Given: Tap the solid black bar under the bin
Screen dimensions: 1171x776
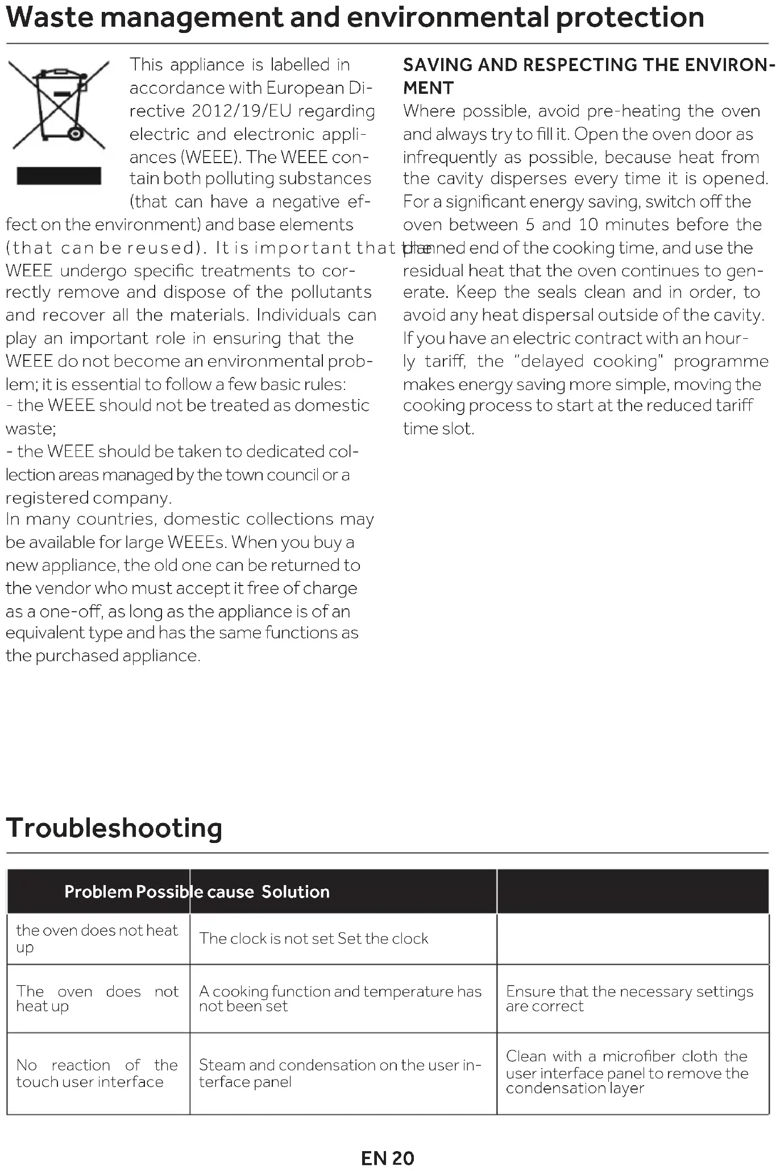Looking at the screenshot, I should pyautogui.click(x=59, y=176).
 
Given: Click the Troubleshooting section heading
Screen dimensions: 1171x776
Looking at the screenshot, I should pyautogui.click(x=114, y=828).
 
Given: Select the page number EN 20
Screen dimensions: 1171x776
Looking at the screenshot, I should pyautogui.click(x=388, y=1158).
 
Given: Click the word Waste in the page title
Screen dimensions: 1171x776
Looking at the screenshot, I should pyautogui.click(x=49, y=17).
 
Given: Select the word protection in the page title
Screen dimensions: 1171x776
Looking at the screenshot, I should pyautogui.click(x=629, y=17).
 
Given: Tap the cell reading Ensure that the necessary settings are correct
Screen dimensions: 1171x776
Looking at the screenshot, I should pyautogui.click(x=629, y=999).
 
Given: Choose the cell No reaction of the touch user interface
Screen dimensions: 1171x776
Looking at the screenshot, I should pyautogui.click(x=97, y=1073).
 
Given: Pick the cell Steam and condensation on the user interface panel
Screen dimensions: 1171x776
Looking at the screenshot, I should pyautogui.click(x=340, y=1073).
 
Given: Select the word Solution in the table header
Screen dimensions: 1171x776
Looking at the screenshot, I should pyautogui.click(x=296, y=891).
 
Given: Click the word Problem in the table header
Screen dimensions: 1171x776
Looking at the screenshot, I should pyautogui.click(x=98, y=891).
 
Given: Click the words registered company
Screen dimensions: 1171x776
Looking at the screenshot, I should pyautogui.click(x=88, y=498).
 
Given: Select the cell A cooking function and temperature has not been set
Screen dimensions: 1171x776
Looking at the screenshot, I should pyautogui.click(x=340, y=999).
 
